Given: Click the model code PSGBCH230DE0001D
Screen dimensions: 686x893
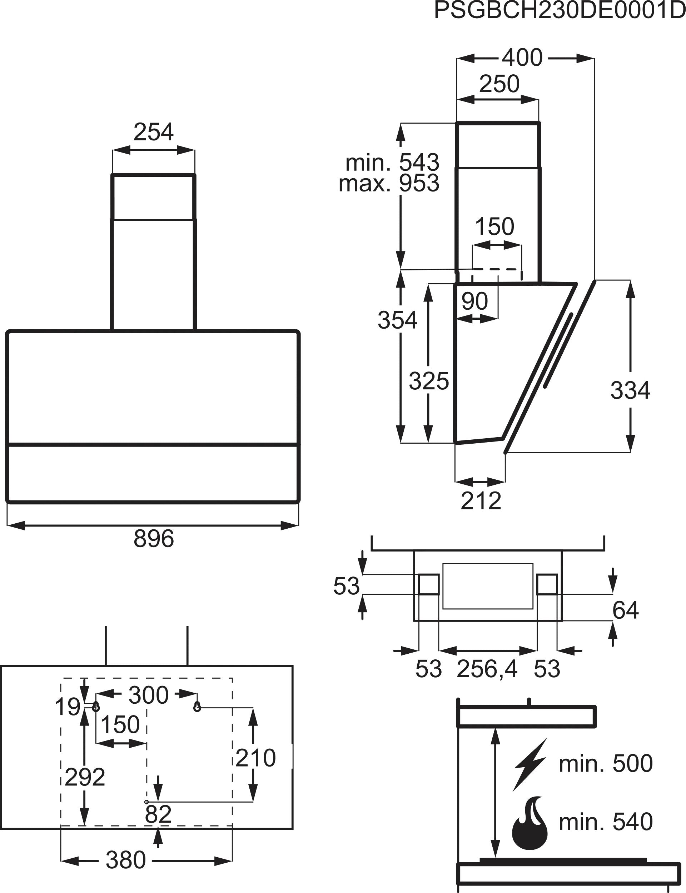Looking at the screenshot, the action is tap(560, 11).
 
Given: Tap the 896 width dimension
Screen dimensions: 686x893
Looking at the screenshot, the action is tap(154, 538).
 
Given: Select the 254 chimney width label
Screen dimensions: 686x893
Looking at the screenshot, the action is tap(154, 132).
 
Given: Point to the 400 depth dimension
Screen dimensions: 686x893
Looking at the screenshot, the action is tap(522, 58).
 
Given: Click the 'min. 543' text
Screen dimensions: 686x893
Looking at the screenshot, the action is tap(392, 163).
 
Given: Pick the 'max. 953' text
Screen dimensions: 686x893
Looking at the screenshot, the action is tap(389, 183).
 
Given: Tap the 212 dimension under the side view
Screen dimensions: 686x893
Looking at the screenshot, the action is tap(481, 501).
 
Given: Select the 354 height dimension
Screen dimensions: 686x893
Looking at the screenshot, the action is tap(397, 320).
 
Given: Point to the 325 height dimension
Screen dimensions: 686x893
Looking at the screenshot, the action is tap(429, 381).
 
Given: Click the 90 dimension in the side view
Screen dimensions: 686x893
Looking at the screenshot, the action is tap(474, 301).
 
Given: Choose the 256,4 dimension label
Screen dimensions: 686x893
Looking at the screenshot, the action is tap(487, 669).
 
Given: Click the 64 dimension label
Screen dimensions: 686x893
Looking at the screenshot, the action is tap(625, 610).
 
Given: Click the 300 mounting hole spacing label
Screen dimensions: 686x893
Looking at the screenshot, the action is tap(148, 695).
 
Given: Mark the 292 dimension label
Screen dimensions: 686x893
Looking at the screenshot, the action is tap(85, 777).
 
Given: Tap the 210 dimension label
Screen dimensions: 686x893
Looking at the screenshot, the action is tap(255, 758).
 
